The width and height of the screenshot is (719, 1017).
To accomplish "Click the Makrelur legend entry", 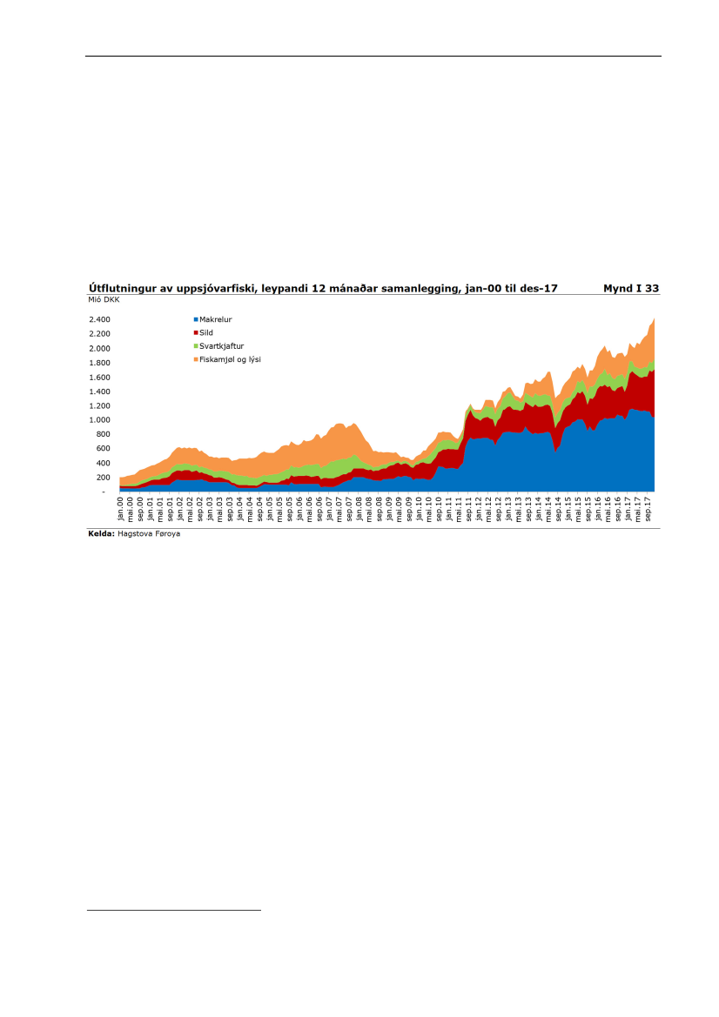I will [215, 319].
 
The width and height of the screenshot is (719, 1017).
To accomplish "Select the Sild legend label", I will [206, 332].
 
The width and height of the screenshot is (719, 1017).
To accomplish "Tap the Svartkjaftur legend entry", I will [221, 345].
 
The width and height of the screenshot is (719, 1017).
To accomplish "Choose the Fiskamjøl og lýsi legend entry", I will [230, 358].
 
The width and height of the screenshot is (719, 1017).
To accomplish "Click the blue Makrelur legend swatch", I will [196, 319].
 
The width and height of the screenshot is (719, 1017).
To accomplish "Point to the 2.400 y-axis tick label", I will [99, 319].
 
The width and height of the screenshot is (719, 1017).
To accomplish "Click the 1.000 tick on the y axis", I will [99, 420].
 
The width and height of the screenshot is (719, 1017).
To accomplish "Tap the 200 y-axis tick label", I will [104, 478].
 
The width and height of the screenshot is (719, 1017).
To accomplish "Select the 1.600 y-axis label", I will [99, 377].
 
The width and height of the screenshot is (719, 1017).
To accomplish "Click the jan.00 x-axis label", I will [121, 507].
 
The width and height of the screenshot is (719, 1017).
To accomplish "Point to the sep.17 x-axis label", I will [649, 507].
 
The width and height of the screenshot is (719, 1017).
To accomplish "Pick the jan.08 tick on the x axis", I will [359, 507].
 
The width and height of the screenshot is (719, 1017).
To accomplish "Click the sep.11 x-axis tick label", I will [469, 507].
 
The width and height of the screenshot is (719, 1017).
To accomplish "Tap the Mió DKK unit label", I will [104, 299].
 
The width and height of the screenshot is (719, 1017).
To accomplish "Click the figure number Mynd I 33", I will [631, 287].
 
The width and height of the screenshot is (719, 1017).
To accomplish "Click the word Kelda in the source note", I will [101, 533].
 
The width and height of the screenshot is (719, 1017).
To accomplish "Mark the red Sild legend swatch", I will [196, 332].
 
